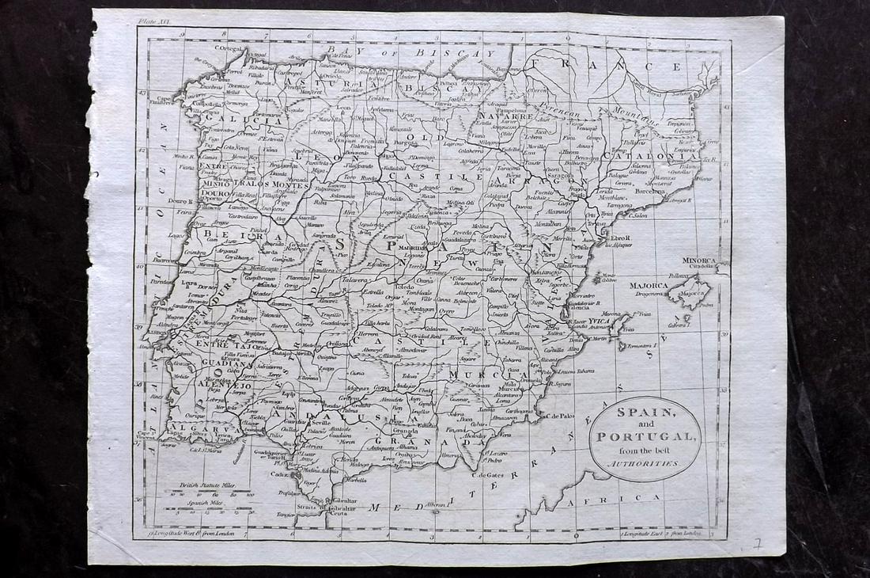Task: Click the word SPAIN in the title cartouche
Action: click(x=645, y=413)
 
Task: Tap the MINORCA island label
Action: click(x=698, y=260)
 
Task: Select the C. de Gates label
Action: click(x=488, y=475)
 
